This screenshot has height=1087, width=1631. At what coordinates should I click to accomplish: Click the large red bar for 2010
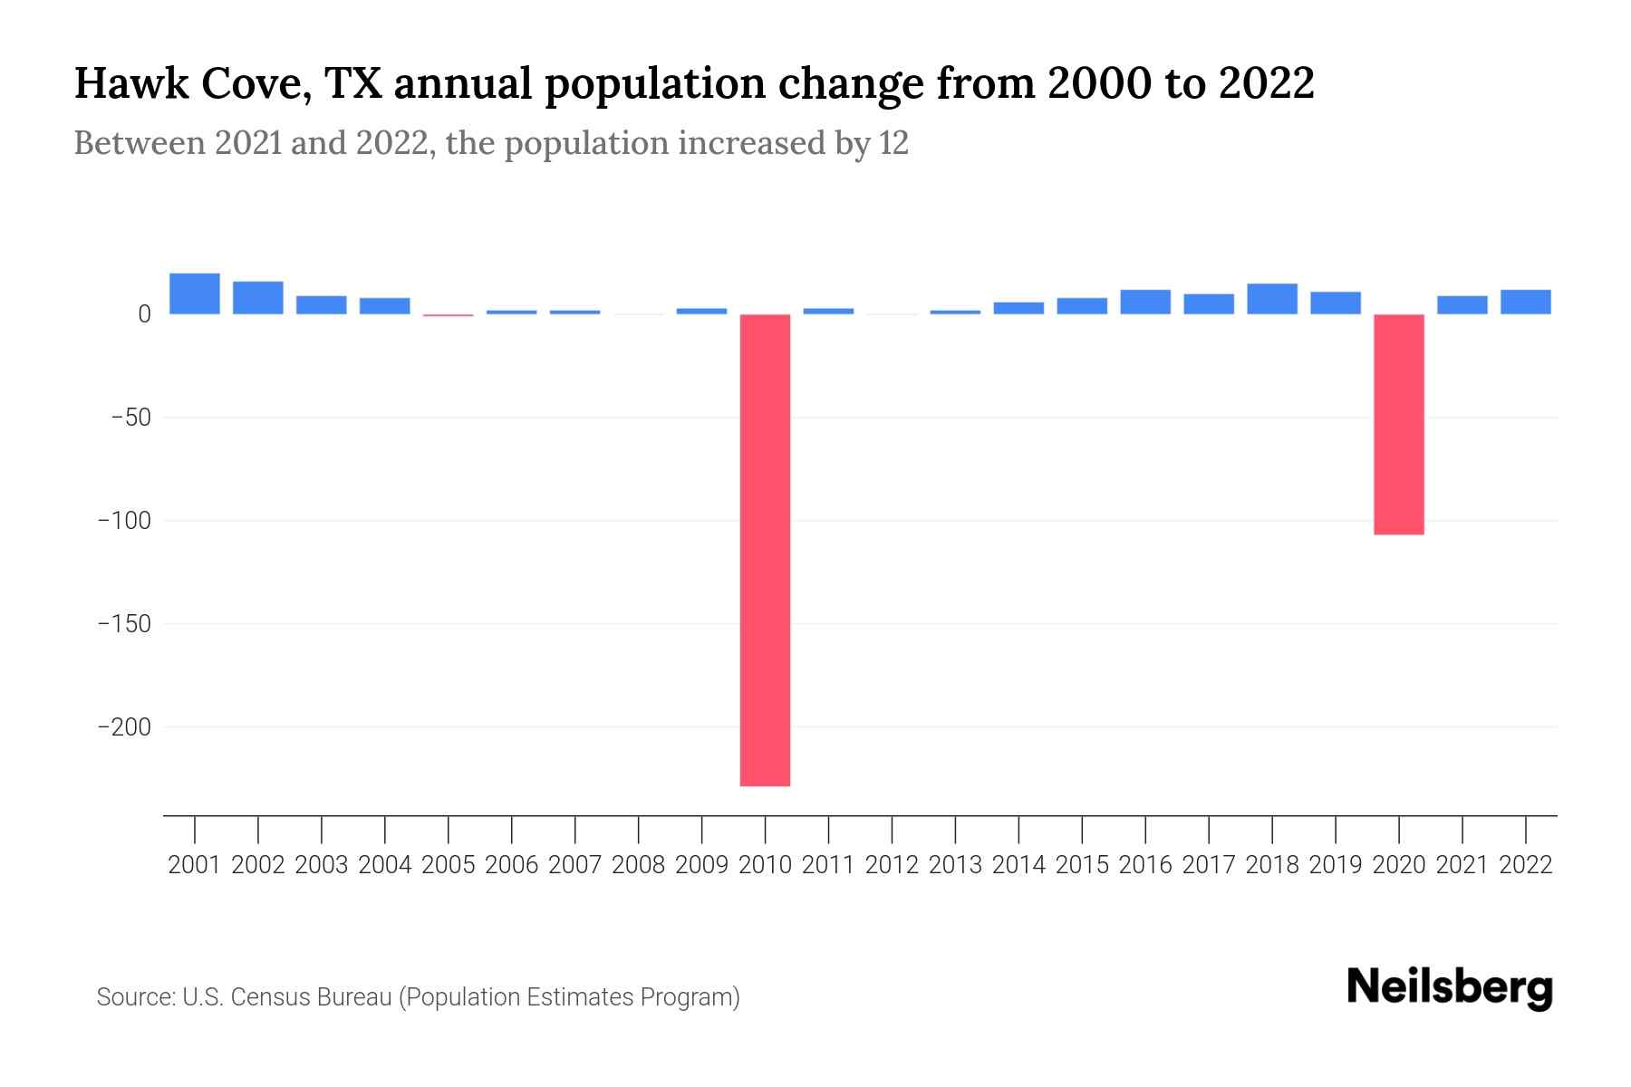point(765,550)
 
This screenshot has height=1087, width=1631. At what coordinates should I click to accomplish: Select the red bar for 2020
point(1398,424)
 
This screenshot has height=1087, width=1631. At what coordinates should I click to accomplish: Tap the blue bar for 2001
point(195,293)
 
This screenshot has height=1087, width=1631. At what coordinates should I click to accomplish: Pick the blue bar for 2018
point(1272,299)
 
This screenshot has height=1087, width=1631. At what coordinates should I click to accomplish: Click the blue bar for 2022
point(1525,302)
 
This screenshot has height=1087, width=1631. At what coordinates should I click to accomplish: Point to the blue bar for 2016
point(1145,302)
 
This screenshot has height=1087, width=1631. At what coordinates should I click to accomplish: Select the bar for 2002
point(258,298)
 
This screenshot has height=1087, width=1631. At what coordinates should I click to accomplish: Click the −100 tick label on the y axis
point(124,521)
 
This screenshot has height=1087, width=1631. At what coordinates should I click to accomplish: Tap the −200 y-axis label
point(124,727)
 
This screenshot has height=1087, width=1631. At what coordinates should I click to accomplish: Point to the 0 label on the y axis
point(144,314)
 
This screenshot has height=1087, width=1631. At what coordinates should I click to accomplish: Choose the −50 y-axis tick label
point(130,418)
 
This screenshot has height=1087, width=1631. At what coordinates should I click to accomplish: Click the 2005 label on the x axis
point(449,865)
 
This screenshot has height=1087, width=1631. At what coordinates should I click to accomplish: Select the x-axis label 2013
point(955,865)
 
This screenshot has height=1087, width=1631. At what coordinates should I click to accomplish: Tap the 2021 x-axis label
point(1462,865)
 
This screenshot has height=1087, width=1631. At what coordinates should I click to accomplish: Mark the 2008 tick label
point(639,865)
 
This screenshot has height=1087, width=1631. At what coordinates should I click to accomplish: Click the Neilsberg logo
point(1450,988)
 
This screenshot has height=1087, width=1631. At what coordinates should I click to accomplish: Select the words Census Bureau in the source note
point(312,997)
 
